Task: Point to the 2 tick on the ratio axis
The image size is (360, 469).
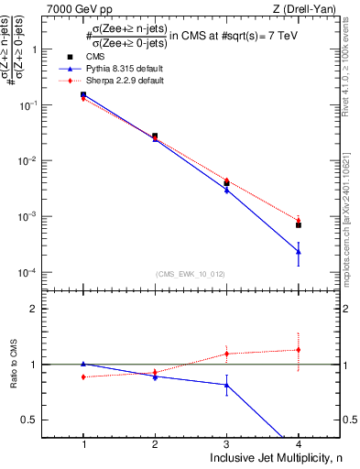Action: [40, 309]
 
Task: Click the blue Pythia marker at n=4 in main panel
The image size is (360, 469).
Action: [299, 251]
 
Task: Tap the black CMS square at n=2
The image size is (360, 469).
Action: [155, 136]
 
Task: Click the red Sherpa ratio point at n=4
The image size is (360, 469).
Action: [299, 349]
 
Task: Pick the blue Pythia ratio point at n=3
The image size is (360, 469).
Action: [226, 385]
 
